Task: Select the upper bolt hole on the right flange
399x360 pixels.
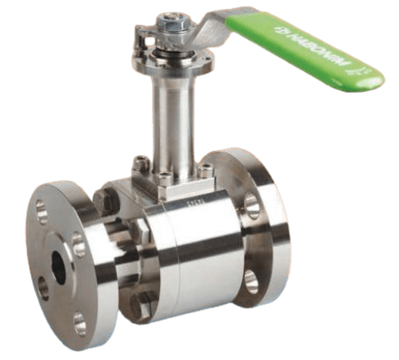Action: tap(251, 203)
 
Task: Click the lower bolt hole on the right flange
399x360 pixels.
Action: tap(251, 280)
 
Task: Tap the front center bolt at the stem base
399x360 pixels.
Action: tap(165, 180)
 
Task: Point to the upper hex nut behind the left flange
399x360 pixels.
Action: tap(107, 200)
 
